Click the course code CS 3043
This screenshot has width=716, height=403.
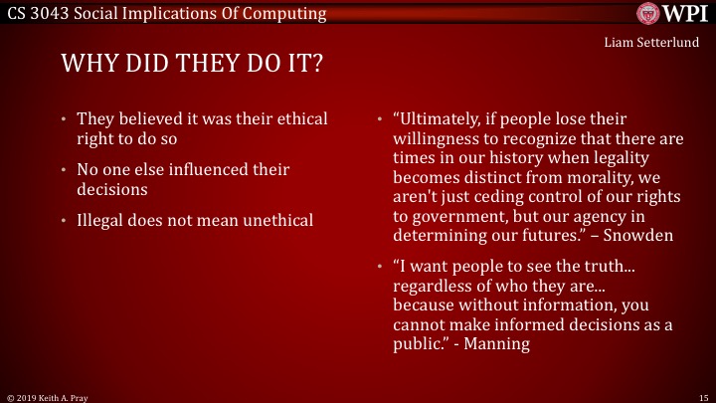(x=37, y=13)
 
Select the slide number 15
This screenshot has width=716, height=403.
(x=702, y=396)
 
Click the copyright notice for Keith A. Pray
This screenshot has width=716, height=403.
(x=45, y=396)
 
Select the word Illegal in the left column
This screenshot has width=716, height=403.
(x=103, y=219)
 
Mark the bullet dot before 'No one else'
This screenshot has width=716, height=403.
(x=64, y=169)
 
